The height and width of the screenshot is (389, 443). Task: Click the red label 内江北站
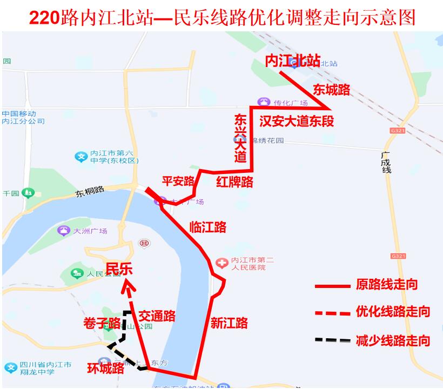[293, 61]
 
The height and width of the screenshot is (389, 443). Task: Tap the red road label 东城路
[332, 90]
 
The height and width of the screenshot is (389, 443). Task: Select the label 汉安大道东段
[297, 121]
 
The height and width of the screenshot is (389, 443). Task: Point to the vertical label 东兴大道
[240, 138]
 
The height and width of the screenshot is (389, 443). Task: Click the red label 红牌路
[234, 182]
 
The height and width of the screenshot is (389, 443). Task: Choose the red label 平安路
[178, 181]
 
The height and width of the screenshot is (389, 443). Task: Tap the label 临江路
[208, 227]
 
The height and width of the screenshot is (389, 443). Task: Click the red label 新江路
[229, 323]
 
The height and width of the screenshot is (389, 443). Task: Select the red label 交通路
[157, 316]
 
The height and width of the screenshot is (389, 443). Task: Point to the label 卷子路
[102, 323]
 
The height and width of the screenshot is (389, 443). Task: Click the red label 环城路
[106, 368]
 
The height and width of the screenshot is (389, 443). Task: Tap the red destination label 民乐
[119, 269]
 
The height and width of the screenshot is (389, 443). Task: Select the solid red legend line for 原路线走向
[332, 285]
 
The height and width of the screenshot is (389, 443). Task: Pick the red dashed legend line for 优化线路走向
[332, 312]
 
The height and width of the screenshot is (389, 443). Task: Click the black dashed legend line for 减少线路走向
[332, 340]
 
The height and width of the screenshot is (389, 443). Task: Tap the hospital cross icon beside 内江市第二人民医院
[222, 264]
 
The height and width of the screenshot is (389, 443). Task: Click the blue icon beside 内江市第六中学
[81, 157]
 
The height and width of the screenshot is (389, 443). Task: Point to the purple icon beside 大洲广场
[64, 231]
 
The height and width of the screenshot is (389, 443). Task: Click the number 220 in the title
[44, 17]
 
